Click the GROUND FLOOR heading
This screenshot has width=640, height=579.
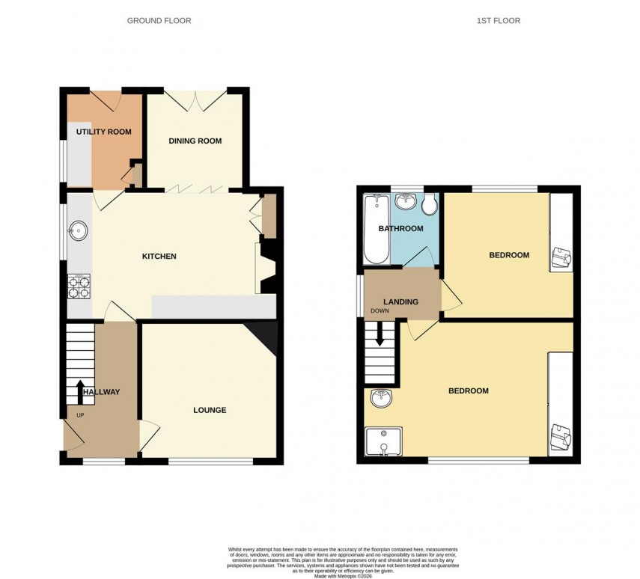click(159, 21)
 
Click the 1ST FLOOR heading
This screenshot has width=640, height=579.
click(498, 21)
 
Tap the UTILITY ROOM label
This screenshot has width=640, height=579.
click(103, 132)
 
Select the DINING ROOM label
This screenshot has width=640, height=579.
click(195, 141)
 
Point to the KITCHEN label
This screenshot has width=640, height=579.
click(159, 257)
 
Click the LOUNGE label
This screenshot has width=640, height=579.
click(210, 410)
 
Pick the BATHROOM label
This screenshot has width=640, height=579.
click(400, 229)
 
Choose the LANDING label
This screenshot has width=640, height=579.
click(401, 301)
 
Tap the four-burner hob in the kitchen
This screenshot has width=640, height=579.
click(79, 287)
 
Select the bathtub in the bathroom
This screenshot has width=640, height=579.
click(375, 229)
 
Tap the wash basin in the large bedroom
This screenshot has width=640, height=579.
click(380, 399)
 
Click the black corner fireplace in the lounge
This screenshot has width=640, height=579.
click(266, 335)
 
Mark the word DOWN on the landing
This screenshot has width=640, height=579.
click(380, 311)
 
